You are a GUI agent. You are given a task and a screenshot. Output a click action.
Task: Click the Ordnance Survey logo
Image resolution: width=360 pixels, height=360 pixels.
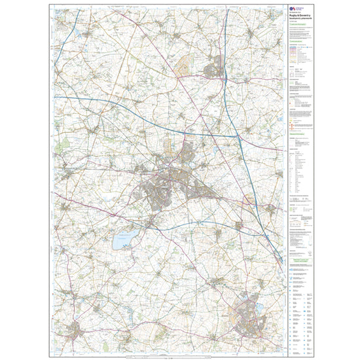coord(293,9)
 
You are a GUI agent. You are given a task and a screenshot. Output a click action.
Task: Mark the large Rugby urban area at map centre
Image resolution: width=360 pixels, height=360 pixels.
coord(169,187)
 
